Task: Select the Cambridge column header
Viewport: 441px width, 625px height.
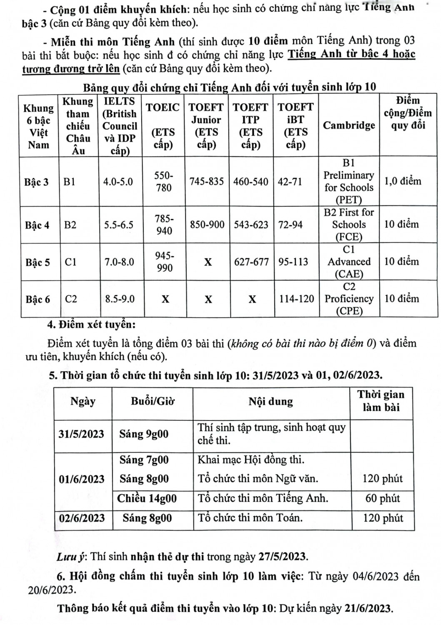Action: pos(349,125)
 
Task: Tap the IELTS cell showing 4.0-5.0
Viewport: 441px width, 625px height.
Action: pos(118,182)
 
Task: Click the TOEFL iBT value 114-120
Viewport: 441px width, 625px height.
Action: pos(296,299)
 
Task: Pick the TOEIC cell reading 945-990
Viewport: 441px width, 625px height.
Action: pos(165,262)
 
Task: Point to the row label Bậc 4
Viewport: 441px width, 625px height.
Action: pos(37,225)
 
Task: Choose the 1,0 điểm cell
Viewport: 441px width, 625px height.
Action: pos(403,181)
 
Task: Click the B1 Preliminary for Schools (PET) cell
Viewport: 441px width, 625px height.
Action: pos(349,181)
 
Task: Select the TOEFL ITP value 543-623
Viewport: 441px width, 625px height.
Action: pos(251,225)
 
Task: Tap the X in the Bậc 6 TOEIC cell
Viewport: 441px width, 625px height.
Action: pos(165,299)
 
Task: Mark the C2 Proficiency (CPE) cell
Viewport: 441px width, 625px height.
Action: pos(349,299)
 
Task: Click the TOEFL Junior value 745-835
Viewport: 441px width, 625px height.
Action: pos(207,182)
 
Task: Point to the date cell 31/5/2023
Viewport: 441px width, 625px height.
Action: pos(82,434)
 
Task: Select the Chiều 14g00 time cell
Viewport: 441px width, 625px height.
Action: pos(147,498)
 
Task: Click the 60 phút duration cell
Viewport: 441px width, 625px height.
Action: pos(383,498)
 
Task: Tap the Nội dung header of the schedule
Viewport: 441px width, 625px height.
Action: pos(271,402)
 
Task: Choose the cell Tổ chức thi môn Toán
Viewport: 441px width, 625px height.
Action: pos(251,518)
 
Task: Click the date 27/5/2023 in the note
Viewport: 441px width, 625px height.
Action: pos(283,556)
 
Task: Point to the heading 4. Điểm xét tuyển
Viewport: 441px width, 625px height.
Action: pos(92,324)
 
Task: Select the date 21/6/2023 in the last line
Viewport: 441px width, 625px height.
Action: pos(369,608)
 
